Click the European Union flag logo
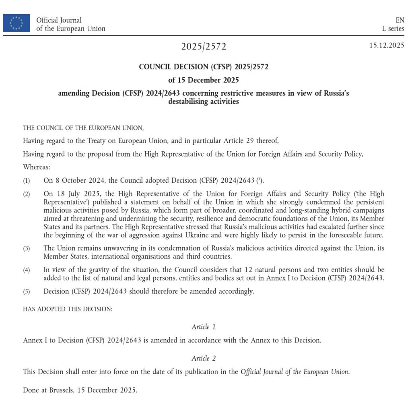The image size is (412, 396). point(16,23)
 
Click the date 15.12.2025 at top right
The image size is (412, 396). point(387,45)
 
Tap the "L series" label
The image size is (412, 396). point(393,29)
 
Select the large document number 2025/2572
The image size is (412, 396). point(204,47)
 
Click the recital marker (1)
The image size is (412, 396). point(26,181)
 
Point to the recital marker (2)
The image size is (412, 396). point(26,194)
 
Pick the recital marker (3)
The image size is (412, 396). point(26,248)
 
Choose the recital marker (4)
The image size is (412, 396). point(26,270)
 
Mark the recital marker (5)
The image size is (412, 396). point(26,292)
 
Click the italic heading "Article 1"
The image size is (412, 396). point(203,327)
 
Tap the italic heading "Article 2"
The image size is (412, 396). point(203,358)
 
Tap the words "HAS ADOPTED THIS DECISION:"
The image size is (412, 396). point(68,309)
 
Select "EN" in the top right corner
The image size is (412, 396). point(400,20)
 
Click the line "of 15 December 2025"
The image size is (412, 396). point(203,80)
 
